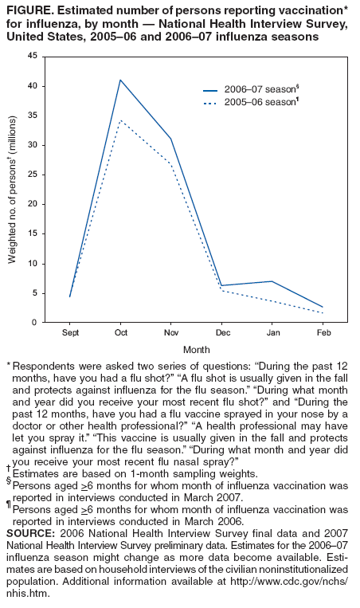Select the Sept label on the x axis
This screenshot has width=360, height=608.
(x=70, y=332)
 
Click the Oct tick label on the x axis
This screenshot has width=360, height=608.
(x=120, y=332)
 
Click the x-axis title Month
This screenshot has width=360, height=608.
(x=196, y=349)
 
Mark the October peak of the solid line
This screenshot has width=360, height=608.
(x=120, y=80)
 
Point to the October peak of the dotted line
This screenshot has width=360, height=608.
(x=120, y=120)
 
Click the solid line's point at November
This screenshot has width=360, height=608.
(x=170, y=139)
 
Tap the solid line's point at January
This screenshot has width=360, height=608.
(x=272, y=281)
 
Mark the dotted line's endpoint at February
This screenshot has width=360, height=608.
(x=323, y=313)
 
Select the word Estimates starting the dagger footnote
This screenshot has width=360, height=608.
(x=36, y=473)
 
